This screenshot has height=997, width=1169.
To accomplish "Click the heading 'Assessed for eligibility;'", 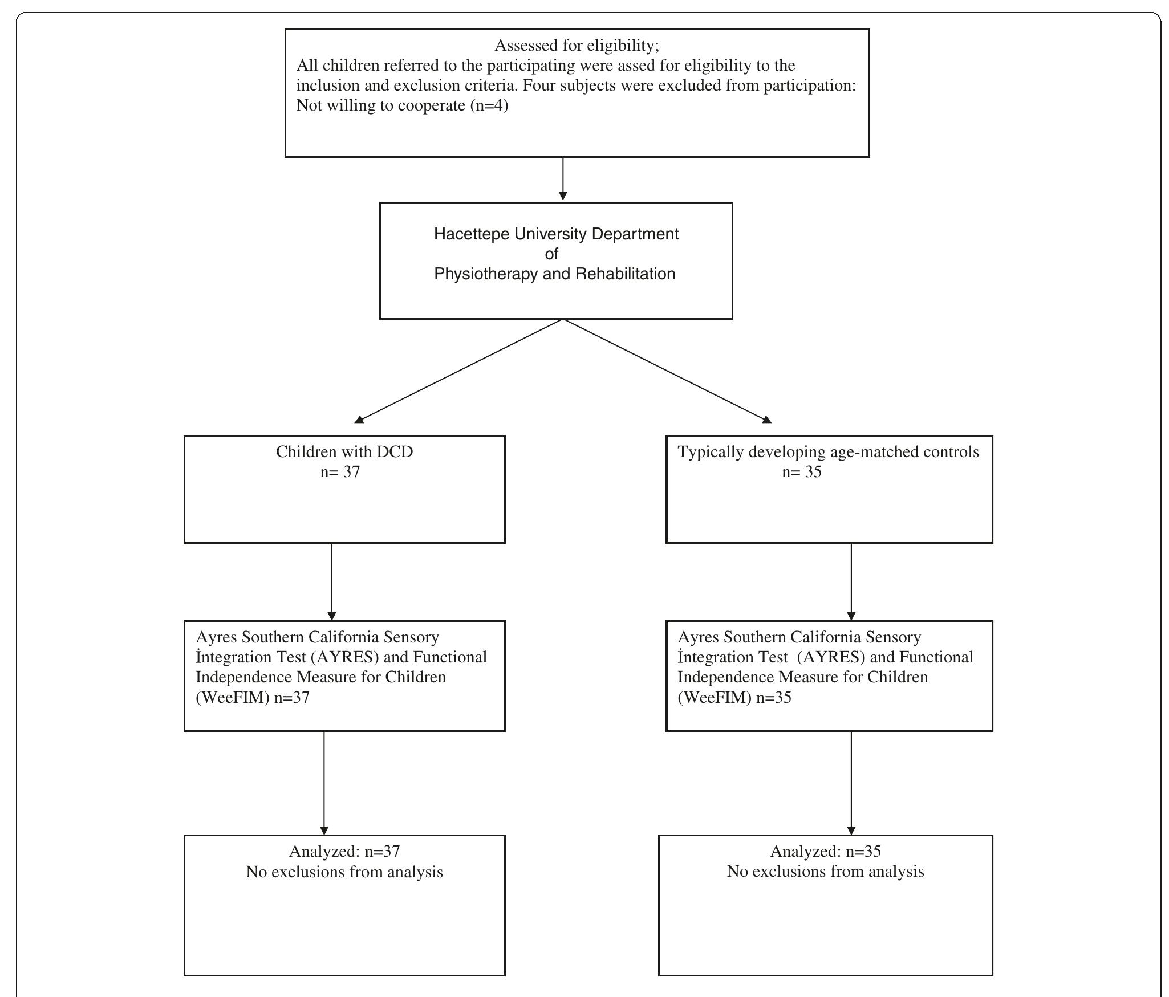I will (577, 45).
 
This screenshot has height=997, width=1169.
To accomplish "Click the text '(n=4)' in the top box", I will (489, 105).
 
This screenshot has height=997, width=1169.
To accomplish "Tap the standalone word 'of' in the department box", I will (551, 254).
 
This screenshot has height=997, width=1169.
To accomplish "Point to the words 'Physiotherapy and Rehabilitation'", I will (554, 274).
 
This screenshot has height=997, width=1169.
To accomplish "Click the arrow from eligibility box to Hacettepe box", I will (563, 179).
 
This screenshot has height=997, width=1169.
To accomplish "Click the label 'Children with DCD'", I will (344, 452).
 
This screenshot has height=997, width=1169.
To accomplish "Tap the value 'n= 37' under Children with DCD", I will (340, 472).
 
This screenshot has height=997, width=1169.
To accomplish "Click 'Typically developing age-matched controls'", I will (828, 452).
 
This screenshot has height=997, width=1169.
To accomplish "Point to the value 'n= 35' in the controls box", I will (801, 472).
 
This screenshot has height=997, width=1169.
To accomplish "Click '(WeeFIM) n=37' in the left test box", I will (253, 698).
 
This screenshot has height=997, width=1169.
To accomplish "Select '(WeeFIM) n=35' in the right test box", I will (734, 698).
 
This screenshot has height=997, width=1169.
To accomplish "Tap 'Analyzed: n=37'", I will (344, 852).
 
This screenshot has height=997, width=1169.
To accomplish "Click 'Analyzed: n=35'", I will (825, 852).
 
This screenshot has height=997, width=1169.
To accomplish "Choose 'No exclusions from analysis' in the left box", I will (344, 872).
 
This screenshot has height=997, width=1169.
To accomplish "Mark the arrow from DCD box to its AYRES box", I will (332, 581).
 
